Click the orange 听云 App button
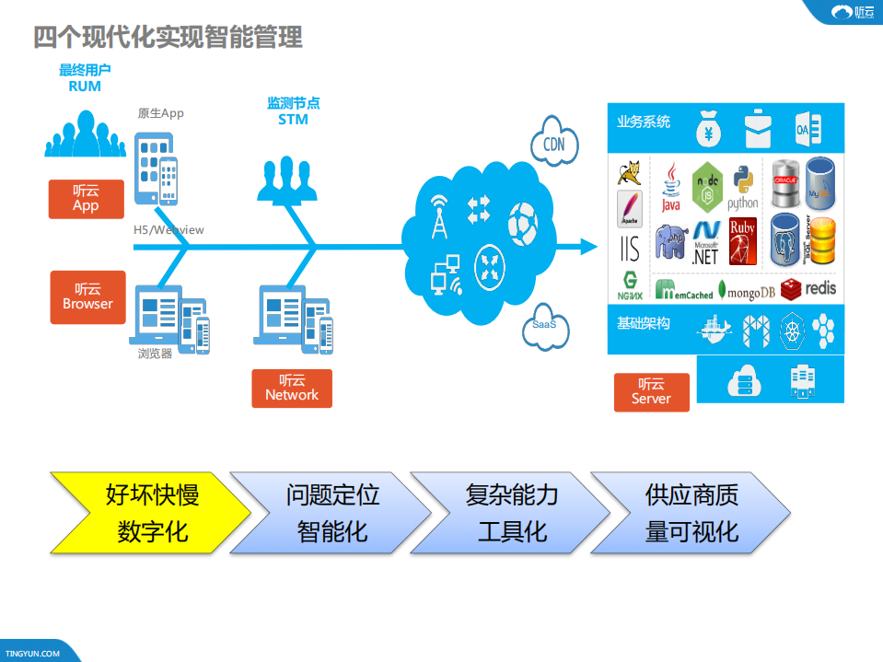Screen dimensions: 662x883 (86, 199)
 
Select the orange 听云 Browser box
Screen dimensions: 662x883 (87, 296)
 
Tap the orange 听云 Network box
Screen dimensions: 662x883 (291, 388)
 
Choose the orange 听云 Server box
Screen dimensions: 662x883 (651, 391)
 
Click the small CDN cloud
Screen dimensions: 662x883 (553, 143)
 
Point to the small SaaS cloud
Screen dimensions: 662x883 (544, 327)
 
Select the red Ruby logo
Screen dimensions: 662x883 (742, 241)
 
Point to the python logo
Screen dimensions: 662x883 (742, 188)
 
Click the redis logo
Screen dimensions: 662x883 (808, 288)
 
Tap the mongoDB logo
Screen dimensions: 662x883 (745, 290)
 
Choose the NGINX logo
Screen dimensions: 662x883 (630, 286)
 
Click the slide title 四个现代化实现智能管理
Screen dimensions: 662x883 (168, 37)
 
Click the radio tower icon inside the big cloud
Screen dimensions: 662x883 (439, 217)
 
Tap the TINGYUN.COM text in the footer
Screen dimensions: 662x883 (32, 654)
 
